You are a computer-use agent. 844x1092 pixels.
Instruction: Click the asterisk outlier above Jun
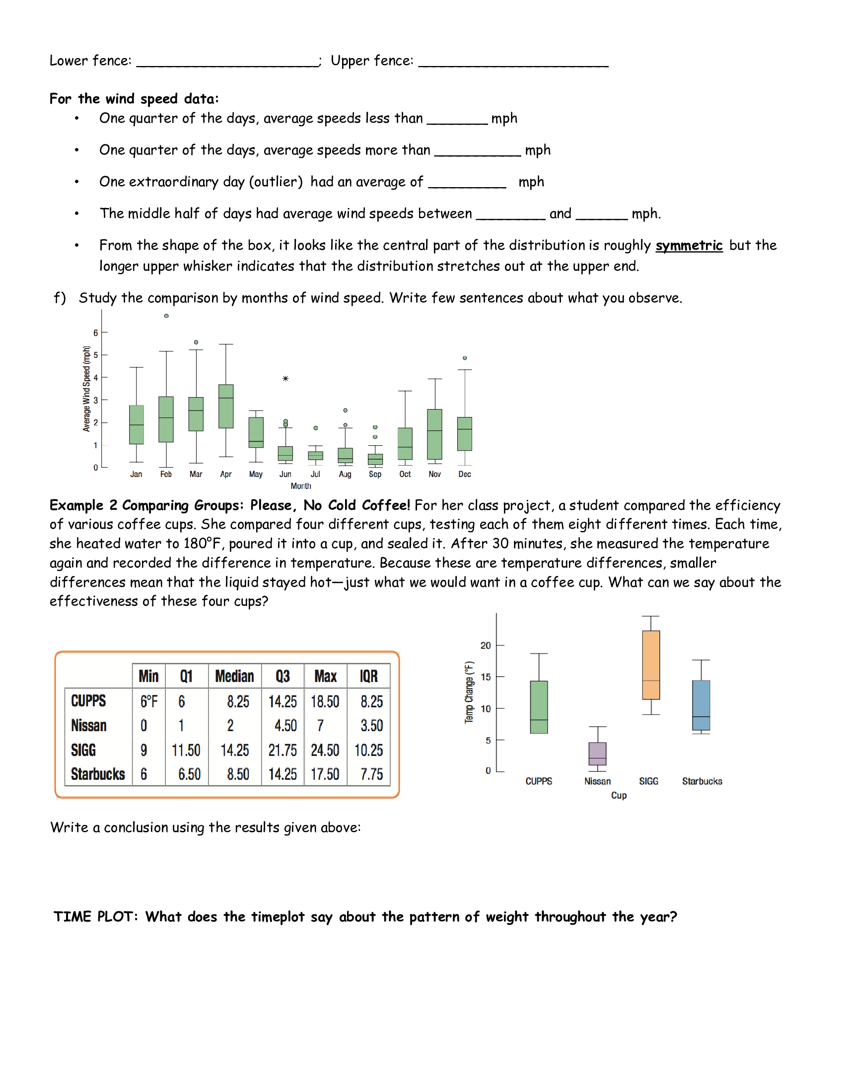(285, 379)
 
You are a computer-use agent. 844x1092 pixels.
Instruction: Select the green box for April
(226, 406)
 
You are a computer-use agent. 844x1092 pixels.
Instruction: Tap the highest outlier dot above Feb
(166, 316)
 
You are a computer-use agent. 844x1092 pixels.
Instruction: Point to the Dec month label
(465, 474)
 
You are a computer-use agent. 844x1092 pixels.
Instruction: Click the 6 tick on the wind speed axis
(95, 333)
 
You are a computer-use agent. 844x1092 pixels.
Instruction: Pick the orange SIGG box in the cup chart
(650, 665)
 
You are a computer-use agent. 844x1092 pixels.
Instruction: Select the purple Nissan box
(597, 753)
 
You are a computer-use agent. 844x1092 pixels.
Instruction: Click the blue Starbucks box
(701, 705)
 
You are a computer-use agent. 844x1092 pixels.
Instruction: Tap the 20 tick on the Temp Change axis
(486, 645)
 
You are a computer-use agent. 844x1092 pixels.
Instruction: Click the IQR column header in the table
(368, 677)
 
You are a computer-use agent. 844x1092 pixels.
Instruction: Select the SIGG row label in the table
(83, 750)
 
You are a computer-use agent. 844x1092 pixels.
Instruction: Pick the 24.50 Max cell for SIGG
(325, 750)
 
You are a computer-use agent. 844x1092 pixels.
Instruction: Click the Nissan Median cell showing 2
(230, 726)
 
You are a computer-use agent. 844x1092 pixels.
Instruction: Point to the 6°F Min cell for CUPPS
(148, 701)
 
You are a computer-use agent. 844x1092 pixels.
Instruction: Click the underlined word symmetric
(689, 245)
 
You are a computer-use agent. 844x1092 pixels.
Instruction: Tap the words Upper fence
(372, 61)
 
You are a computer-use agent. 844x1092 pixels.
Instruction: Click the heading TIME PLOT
(95, 916)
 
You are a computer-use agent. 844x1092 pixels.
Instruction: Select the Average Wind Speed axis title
(86, 389)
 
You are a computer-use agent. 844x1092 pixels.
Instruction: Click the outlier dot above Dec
(465, 358)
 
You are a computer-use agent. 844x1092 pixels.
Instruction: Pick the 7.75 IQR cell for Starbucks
(371, 774)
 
